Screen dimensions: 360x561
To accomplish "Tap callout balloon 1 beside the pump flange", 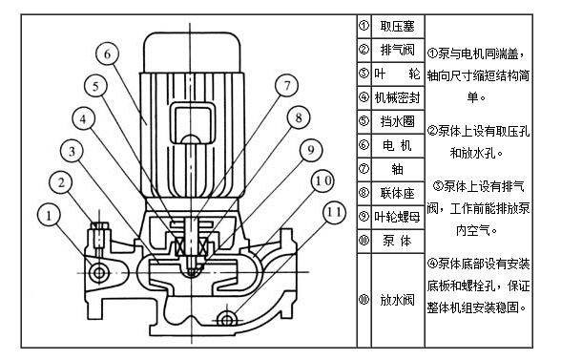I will tap(49, 217).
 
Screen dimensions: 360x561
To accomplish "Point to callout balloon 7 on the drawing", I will tap(285, 85).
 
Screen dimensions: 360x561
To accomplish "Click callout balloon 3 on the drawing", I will tap(72, 149).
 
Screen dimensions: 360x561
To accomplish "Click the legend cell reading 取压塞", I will tap(397, 27).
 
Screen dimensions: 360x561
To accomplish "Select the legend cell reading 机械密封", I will tap(397, 97).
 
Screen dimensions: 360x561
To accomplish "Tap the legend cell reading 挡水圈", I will tap(397, 121).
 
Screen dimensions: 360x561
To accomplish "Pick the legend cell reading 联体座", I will tap(397, 193).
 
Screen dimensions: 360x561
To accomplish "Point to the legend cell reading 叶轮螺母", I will tap(397, 217).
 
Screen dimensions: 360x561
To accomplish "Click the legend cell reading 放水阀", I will tap(397, 300).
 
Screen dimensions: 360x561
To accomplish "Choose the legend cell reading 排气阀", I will tap(397, 50).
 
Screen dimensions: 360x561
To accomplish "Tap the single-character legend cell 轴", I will tap(397, 169).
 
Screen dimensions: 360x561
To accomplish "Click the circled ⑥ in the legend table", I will tap(364, 145).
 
